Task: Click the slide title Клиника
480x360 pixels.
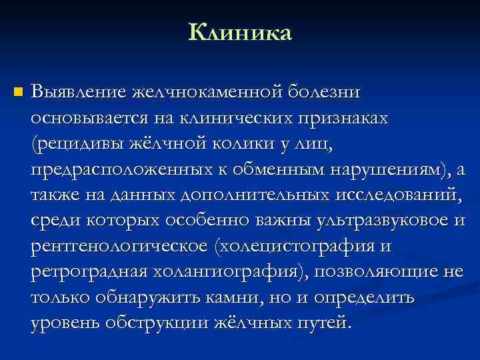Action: (x=240, y=31)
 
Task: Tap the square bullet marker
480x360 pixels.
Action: (x=17, y=91)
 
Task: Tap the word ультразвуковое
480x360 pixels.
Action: (x=387, y=221)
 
